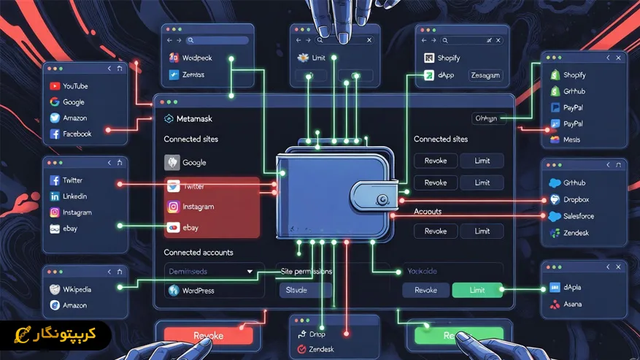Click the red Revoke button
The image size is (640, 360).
tap(208, 336)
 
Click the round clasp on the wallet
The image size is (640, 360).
tap(380, 199)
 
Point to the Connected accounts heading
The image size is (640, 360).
tap(198, 253)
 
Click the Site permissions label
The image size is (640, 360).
tap(306, 272)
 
